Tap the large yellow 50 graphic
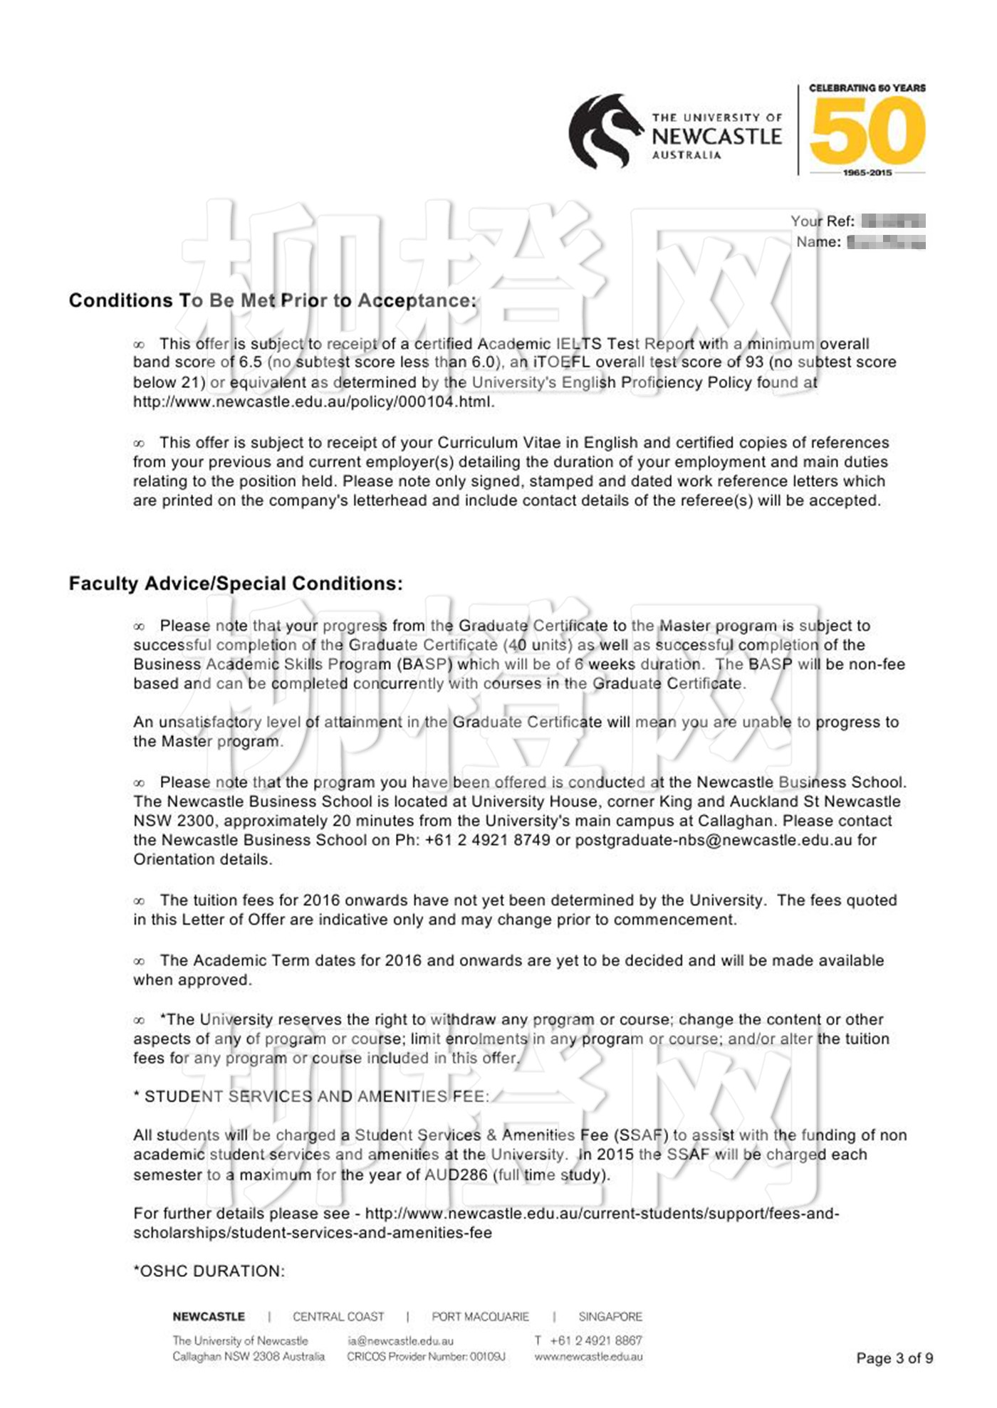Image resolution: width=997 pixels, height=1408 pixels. [x=867, y=131]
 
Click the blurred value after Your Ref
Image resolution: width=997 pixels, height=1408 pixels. [x=893, y=221]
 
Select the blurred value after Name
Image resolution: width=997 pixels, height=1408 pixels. [x=886, y=242]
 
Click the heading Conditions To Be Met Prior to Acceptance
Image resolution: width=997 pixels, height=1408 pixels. [x=272, y=300]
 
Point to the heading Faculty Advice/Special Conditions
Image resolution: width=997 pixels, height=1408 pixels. [x=236, y=584]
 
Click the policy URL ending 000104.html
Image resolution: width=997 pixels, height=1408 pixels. [x=313, y=401]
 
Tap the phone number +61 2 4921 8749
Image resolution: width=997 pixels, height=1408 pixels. [x=487, y=840]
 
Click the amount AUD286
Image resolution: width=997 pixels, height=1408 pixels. [x=456, y=1175]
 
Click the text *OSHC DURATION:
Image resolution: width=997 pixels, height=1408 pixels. [x=209, y=1271]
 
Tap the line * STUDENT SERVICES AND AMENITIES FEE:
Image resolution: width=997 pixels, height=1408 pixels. [x=311, y=1096]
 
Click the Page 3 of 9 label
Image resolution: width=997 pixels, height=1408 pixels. [x=894, y=1358]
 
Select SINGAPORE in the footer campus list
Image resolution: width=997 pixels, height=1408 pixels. [x=610, y=1317]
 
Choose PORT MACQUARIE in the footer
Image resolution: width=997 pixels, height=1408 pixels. [x=480, y=1317]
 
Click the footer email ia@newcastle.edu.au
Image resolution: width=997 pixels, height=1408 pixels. [x=400, y=1341]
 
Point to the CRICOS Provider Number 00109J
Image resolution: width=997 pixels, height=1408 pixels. [x=426, y=1357]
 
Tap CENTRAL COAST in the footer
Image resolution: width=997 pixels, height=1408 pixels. [x=338, y=1317]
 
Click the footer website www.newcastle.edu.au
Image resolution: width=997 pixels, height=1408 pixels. [x=588, y=1357]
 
